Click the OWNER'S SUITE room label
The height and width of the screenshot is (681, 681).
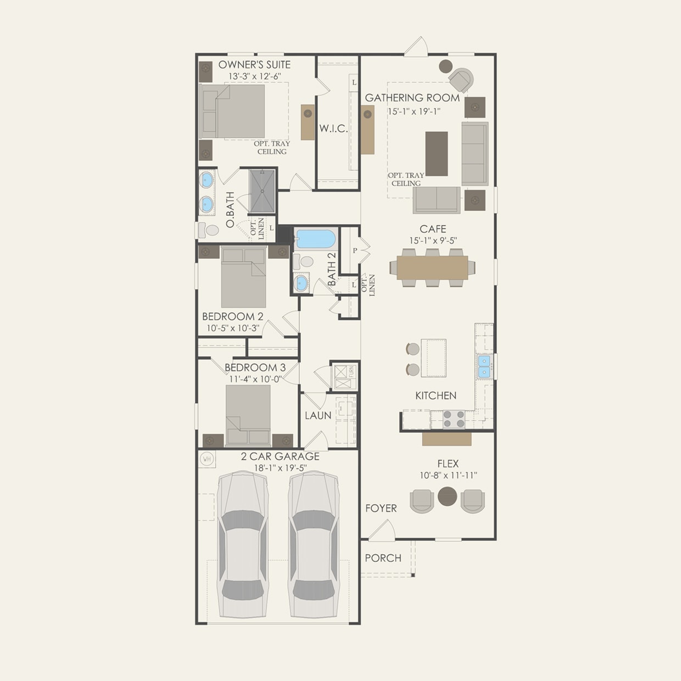tap(254, 64)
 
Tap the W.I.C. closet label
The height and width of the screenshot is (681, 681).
tap(333, 129)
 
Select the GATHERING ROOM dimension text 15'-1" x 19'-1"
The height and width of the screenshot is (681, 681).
tap(414, 111)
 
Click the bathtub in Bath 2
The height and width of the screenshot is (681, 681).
tap(315, 239)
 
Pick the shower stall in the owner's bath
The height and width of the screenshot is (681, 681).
tap(262, 191)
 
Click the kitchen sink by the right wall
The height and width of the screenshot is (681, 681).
tap(484, 366)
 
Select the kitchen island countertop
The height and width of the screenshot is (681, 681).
tap(433, 358)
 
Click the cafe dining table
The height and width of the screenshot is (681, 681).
tap(432, 268)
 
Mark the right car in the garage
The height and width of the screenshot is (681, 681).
tap(313, 544)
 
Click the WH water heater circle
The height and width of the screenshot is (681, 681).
tap(207, 459)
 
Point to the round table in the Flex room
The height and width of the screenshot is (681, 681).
tap(448, 496)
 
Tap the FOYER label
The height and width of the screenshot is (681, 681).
tap(381, 509)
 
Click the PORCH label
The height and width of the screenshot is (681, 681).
tap(383, 558)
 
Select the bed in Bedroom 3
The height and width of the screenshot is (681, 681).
tap(248, 415)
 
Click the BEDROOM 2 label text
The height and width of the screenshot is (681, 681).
tap(232, 316)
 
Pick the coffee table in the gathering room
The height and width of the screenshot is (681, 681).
tap(437, 154)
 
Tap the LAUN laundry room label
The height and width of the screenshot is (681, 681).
tap(318, 416)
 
